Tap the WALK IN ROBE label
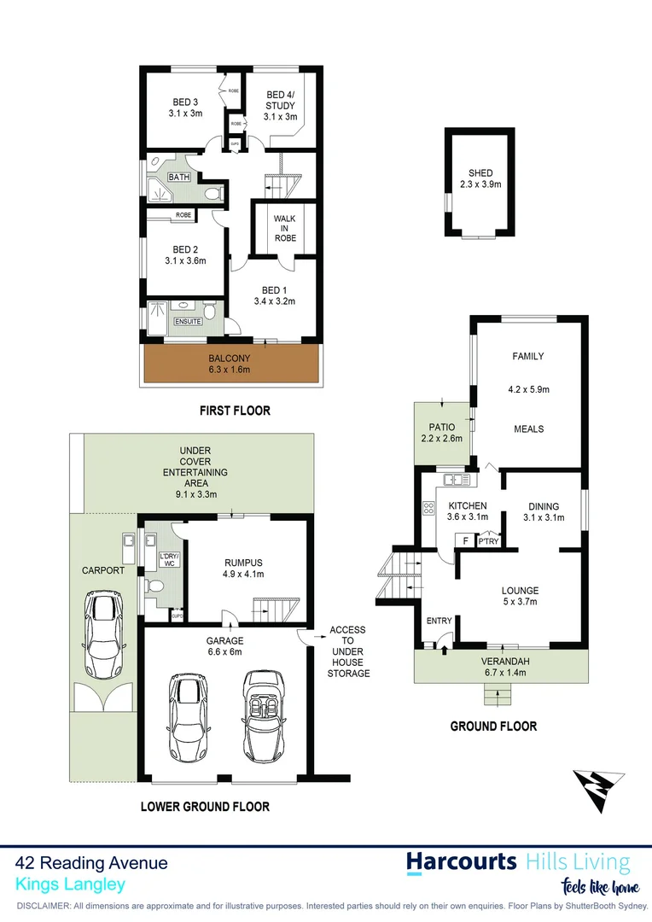coord(285,228)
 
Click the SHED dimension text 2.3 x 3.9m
coord(479,184)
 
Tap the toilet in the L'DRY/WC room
coord(154,587)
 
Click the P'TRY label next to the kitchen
coord(487,540)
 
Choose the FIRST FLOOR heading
coord(235,411)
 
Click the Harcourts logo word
coord(461,861)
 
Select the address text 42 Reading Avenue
coord(92,863)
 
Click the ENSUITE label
coord(188,321)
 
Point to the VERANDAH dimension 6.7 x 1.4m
coord(501,671)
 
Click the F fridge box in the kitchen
coord(464,540)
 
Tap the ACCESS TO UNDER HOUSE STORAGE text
coord(349,651)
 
